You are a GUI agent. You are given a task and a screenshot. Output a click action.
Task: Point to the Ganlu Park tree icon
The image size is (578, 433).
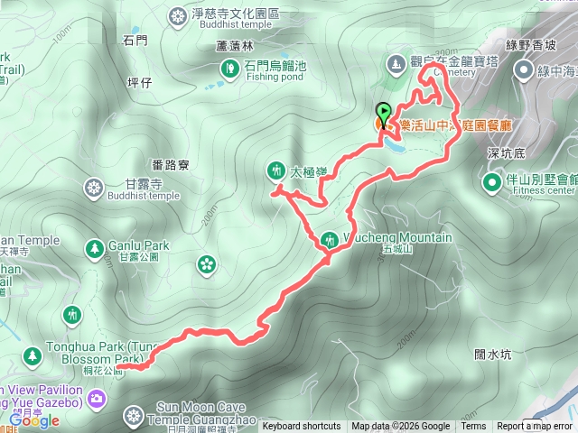pos(94,246)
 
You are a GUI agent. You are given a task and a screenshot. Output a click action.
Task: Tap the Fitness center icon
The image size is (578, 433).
pos(492,184)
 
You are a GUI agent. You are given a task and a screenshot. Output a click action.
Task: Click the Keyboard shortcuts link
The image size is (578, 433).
pos(302,427)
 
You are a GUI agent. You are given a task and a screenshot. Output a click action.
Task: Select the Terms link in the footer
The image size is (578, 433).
pos(473,427)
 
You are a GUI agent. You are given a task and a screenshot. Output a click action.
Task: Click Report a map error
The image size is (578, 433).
pos(535,427)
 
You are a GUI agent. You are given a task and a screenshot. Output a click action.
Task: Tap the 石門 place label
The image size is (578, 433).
pos(135,40)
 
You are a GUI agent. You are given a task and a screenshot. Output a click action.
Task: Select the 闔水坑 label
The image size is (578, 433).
pos(493,355)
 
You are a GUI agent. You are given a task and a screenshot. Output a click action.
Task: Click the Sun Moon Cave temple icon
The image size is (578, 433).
pos(134,416)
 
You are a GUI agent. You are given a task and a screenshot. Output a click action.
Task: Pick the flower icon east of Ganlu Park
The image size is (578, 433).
pos(207,263)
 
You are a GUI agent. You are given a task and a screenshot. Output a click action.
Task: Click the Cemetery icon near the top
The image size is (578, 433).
pos(395,64)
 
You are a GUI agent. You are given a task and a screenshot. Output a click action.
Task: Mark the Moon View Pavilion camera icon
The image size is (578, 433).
pos(97,398)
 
